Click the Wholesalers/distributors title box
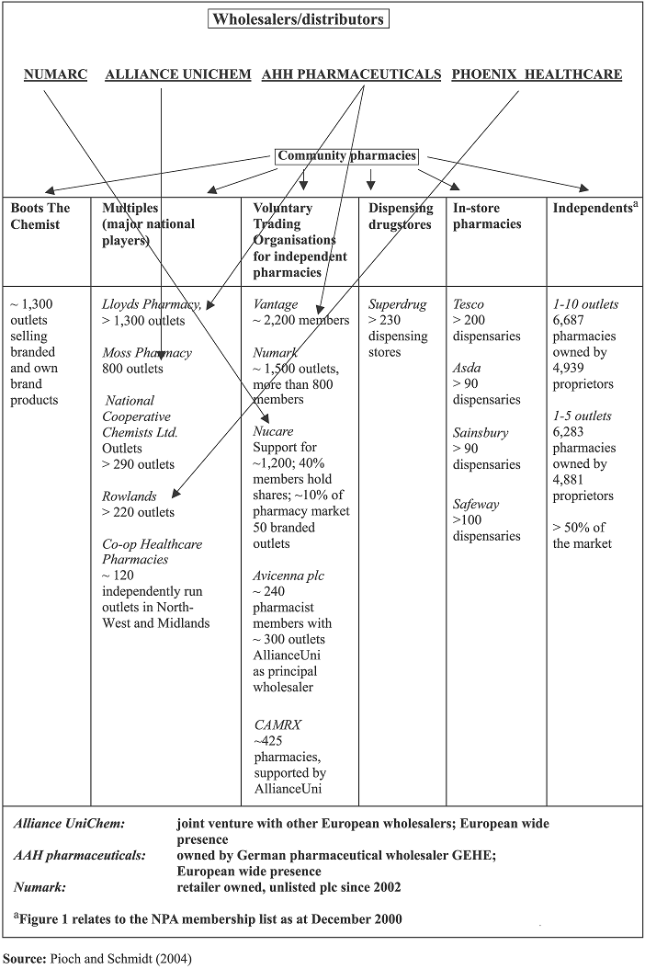299,19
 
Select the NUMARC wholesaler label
56,74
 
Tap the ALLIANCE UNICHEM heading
178,74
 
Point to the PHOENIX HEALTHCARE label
537,74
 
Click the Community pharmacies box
346,155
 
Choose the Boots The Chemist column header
40,216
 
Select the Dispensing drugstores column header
401,216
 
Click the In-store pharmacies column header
487,216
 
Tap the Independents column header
595,208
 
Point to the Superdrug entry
397,304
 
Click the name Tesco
469,304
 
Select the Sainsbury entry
481,433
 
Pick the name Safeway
476,505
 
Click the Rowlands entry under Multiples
130,496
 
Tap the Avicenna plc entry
289,576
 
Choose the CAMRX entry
278,724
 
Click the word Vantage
276,304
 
